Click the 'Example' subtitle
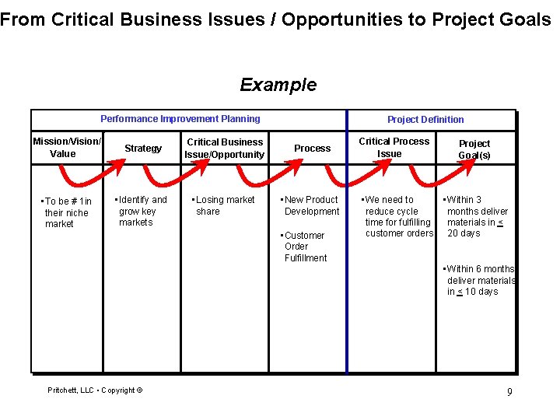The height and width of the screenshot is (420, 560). pyautogui.click(x=278, y=85)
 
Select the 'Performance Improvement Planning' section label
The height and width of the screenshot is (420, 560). pyautogui.click(x=180, y=119)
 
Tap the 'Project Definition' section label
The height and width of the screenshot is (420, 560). pyautogui.click(x=425, y=120)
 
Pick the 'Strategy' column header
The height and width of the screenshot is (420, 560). pyautogui.click(x=143, y=149)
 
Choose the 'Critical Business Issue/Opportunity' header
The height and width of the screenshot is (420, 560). pyautogui.click(x=225, y=149)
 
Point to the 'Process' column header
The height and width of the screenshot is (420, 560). pyautogui.click(x=313, y=149)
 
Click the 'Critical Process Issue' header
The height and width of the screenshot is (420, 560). pyautogui.click(x=394, y=147)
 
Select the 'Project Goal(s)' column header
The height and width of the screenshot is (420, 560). pyautogui.click(x=474, y=149)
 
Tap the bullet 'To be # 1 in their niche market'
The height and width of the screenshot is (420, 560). pyautogui.click(x=67, y=212)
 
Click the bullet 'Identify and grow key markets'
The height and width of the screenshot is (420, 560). pyautogui.click(x=141, y=211)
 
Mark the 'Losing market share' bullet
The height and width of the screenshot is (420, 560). pyautogui.click(x=224, y=205)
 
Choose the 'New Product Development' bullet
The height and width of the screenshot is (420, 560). pyautogui.click(x=310, y=205)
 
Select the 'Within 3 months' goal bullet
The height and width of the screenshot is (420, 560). pyautogui.click(x=476, y=216)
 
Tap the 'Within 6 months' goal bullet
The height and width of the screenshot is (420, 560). pyautogui.click(x=479, y=280)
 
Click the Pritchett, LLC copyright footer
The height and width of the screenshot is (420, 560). pyautogui.click(x=95, y=390)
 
